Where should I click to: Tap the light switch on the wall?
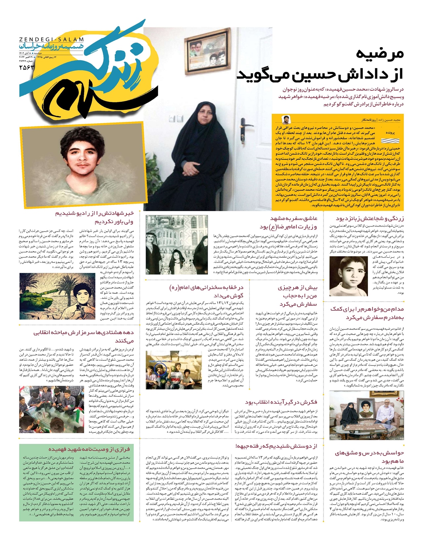172,118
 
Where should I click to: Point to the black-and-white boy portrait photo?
343,276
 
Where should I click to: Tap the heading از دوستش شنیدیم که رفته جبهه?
282,446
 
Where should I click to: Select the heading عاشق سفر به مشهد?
294,219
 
